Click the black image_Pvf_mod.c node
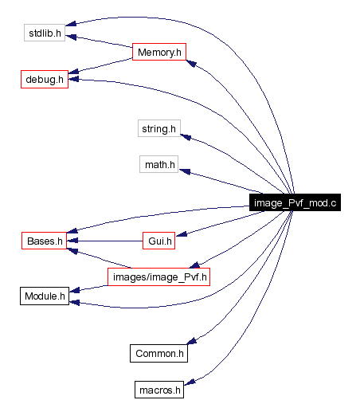pos(295,202)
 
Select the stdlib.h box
pos(45,33)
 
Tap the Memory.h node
pos(160,52)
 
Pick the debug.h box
pos(44,80)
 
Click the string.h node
pos(159,127)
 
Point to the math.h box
pos(159,165)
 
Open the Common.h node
pos(159,352)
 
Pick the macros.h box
pos(159,390)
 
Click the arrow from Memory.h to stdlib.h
pos(100,42)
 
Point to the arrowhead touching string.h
pos(186,138)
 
